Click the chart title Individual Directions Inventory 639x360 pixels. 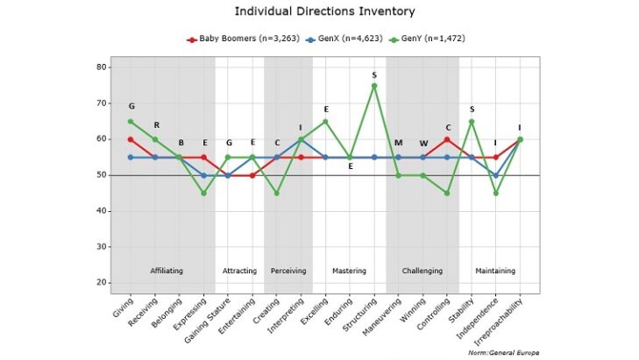pos(319,11)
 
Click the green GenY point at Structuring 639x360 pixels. pos(374,86)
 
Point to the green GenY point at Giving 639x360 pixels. pos(131,121)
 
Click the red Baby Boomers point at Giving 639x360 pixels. pos(131,139)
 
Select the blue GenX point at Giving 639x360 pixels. pos(131,157)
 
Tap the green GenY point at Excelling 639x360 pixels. pos(325,121)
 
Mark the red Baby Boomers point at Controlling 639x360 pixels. pos(447,139)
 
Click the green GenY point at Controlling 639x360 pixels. pos(447,193)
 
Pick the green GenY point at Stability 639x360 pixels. pos(472,121)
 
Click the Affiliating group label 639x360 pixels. pos(167,271)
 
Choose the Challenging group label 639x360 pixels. pos(422,271)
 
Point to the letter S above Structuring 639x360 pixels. pos(374,74)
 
